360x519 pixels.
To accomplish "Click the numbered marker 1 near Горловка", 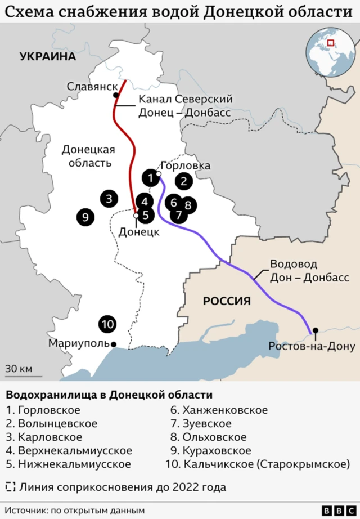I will pos(150,178).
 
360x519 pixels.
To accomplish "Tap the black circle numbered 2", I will pos(183,181).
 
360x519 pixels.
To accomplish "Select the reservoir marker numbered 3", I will pos(110,198).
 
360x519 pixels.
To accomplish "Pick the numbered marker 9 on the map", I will pos(85,216).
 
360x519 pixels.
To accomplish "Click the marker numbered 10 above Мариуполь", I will pos(107,324).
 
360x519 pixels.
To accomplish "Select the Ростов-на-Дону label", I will pos(312,346).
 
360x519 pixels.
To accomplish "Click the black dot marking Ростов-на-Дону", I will pos(316,330).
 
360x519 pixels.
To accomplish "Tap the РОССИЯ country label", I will pos(227,301).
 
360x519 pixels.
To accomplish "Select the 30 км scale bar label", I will pos(19,369).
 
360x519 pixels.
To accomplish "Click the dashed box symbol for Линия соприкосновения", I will pos(10,487).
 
